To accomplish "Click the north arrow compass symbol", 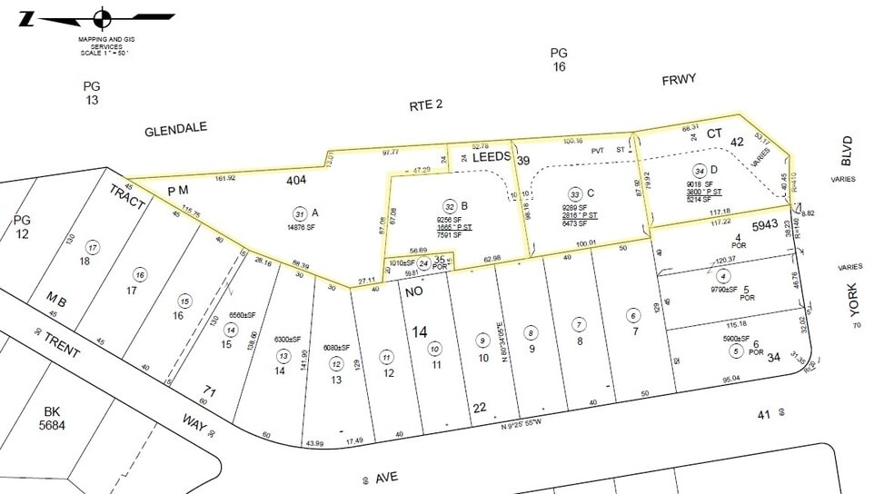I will [102, 16].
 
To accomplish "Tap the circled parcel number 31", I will [300, 212].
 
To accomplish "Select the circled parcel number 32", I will [449, 206].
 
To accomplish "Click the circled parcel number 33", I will [575, 193].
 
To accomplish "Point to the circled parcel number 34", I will [700, 170].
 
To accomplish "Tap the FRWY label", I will [680, 79].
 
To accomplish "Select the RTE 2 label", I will [426, 105].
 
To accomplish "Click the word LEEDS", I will [491, 157].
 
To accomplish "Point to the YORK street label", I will [853, 299].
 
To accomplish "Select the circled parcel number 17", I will [93, 247].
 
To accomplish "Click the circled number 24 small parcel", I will [423, 263].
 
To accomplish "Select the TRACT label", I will [127, 195].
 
